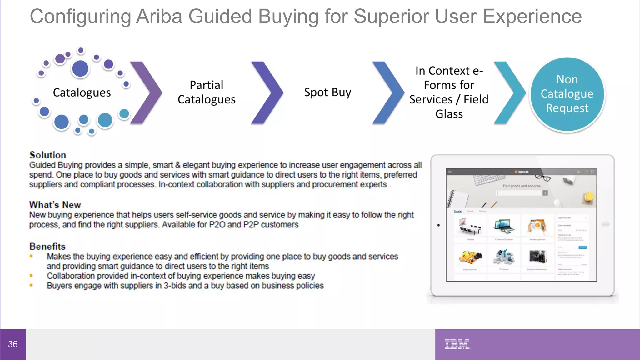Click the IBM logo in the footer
pos(457,344)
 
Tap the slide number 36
pos(13,344)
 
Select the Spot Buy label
pos(327,92)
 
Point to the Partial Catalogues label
pos(207,92)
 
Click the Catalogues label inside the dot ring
pos(82,92)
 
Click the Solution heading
pos(48,155)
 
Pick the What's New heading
pos(55,205)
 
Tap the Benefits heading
pos(47,247)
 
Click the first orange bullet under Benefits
pos(31,256)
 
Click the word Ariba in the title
pos(159,16)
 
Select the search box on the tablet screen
pos(520,193)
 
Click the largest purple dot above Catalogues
pos(80,68)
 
